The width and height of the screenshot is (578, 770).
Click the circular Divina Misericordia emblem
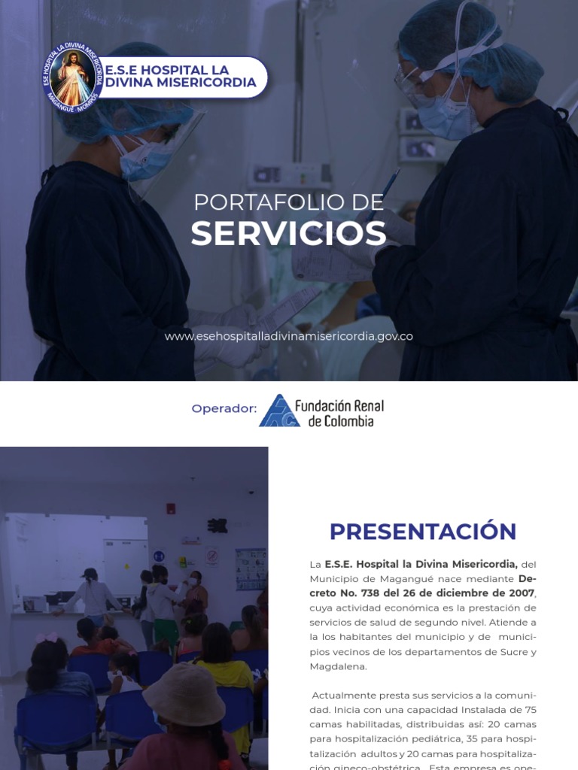[73, 78]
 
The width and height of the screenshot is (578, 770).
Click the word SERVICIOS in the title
[288, 235]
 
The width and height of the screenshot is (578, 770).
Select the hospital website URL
[288, 336]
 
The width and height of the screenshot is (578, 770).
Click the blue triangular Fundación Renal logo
[279, 411]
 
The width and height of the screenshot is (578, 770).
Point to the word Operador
[224, 408]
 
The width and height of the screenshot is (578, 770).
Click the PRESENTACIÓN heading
[423, 532]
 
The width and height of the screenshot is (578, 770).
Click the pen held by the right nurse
[388, 188]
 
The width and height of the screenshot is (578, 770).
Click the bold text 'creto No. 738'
[345, 593]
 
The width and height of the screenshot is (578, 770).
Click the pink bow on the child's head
[47, 638]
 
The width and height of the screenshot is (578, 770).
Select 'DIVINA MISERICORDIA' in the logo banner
[181, 83]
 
